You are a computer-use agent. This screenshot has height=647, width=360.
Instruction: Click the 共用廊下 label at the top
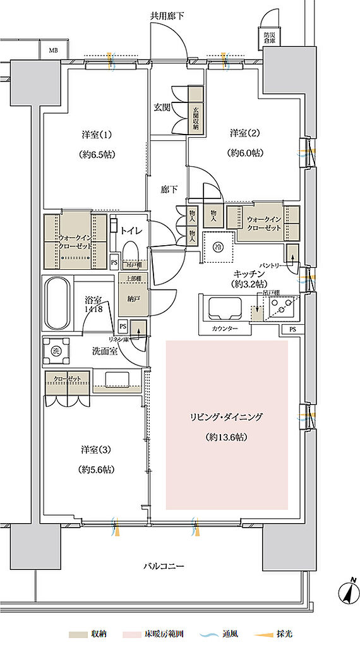[x=167, y=15]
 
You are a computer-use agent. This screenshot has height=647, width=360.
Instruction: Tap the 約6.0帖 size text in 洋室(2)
[x=246, y=152]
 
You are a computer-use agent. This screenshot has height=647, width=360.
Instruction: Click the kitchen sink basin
[x=222, y=309]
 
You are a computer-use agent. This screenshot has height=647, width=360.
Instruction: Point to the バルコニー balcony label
[x=162, y=566]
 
